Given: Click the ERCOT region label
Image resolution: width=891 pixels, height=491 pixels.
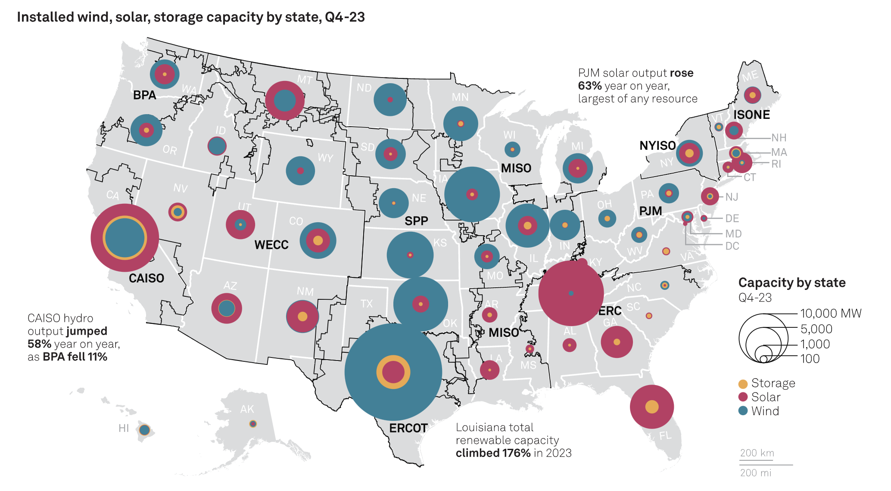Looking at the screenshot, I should pyautogui.click(x=408, y=428).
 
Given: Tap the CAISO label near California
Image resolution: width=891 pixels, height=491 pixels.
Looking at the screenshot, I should pyautogui.click(x=146, y=278).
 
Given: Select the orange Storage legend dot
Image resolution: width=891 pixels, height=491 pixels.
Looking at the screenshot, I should pyautogui.click(x=743, y=384).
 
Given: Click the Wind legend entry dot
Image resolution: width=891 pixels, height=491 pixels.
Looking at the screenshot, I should pyautogui.click(x=743, y=411).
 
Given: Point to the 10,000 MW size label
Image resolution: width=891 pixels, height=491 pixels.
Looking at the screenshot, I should pyautogui.click(x=830, y=313).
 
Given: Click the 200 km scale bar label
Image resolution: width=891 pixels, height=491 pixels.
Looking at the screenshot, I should pyautogui.click(x=757, y=453).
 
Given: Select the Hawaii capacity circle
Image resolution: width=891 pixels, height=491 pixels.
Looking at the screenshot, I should pyautogui.click(x=144, y=430).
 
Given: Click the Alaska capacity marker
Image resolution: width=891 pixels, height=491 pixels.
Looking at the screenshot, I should pyautogui.click(x=253, y=424).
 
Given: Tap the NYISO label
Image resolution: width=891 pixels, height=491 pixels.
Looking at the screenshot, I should pyautogui.click(x=657, y=146).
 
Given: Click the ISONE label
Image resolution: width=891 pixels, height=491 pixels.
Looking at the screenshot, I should pyautogui.click(x=751, y=115).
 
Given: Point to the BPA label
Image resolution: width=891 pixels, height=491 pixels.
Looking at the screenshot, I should pyautogui.click(x=144, y=95).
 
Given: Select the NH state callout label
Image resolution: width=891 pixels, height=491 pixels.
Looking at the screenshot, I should pyautogui.click(x=779, y=138).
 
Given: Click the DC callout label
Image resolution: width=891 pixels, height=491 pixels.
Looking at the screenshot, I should pyautogui.click(x=732, y=246).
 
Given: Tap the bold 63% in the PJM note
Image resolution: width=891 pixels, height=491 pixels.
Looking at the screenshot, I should pyautogui.click(x=589, y=86).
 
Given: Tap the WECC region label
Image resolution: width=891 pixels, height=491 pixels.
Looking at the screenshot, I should pyautogui.click(x=271, y=245).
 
